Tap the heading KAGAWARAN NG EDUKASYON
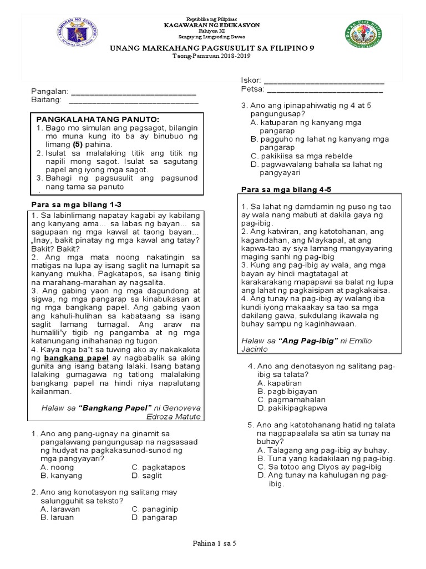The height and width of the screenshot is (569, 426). [x=211, y=26]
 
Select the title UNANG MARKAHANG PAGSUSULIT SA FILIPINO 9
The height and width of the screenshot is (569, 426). [x=211, y=49]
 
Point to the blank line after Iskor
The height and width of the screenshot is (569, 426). [x=323, y=81]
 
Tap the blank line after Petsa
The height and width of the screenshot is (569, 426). [x=325, y=89]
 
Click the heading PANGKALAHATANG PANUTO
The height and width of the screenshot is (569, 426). [x=98, y=119]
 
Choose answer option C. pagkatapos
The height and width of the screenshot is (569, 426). [x=158, y=467]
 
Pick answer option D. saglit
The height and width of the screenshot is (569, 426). [x=147, y=476]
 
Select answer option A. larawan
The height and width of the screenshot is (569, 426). [x=60, y=509]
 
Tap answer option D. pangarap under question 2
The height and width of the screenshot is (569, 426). [x=154, y=517]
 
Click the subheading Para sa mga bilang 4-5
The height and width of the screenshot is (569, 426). [x=286, y=189]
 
